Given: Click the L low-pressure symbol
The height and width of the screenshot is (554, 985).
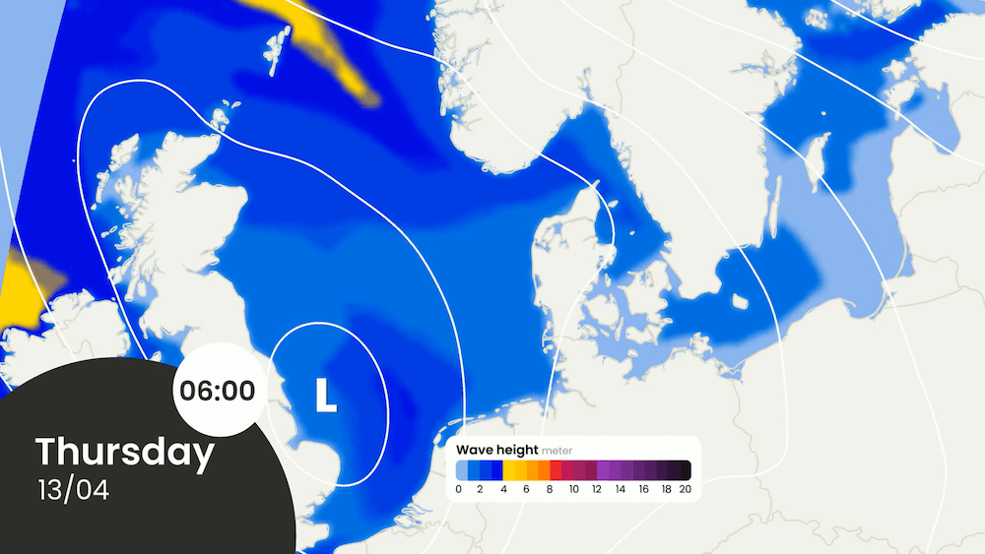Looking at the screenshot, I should (325, 395).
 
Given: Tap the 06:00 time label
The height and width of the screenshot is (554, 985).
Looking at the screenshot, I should (217, 390).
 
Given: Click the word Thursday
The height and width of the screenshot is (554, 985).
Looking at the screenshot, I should (125, 453).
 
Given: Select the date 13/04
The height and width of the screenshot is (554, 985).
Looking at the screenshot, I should (73, 489).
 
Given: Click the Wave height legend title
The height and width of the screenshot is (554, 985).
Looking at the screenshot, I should (497, 450).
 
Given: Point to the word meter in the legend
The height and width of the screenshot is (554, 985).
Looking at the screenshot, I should (558, 451).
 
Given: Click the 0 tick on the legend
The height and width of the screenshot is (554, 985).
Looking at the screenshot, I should (459, 488).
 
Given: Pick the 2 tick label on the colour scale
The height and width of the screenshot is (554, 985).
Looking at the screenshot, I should (480, 488).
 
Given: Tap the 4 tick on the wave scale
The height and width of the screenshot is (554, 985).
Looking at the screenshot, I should (503, 488).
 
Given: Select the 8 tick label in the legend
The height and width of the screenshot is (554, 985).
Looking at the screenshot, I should (550, 488).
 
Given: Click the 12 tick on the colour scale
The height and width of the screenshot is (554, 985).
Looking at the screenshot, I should (596, 488).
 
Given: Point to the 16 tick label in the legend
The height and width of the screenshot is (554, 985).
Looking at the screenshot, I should (642, 488).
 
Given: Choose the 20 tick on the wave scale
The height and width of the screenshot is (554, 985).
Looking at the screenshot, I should (686, 488).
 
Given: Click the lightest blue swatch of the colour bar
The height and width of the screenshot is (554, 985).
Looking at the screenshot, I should (462, 469).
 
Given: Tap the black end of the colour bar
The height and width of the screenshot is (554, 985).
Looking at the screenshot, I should (685, 469).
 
